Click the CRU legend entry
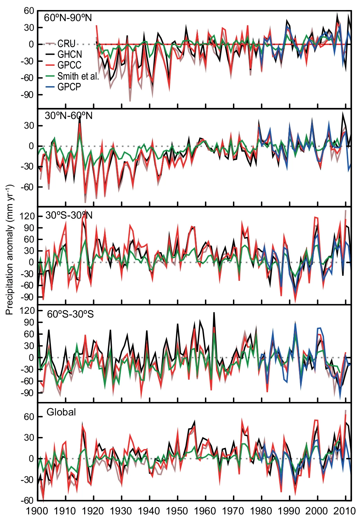[66, 44]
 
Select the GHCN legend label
[70, 54]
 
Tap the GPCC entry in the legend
[69, 65]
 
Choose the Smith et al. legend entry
[78, 76]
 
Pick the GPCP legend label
[69, 87]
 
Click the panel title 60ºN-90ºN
[68, 18]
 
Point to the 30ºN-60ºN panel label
[69, 116]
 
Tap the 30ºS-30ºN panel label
[69, 215]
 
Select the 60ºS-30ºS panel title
[70, 314]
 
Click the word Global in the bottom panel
[61, 412]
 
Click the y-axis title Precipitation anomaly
[9, 249]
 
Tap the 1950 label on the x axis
[177, 511]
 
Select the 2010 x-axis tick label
[345, 511]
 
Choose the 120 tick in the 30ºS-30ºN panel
[27, 217]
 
